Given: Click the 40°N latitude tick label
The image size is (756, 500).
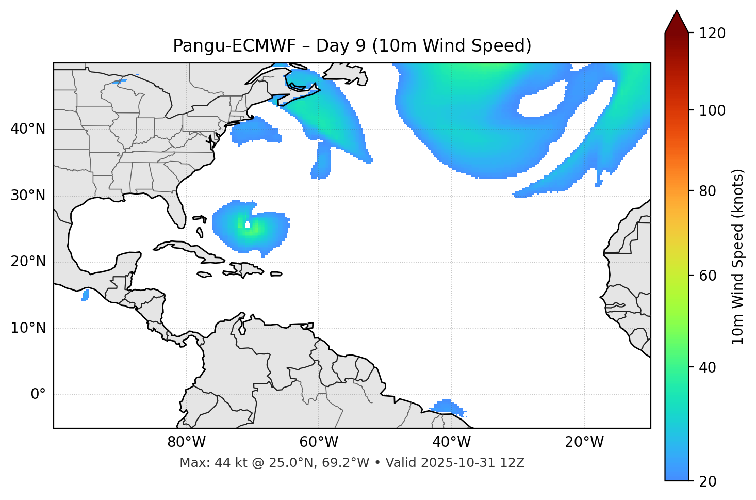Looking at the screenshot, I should point(28,129).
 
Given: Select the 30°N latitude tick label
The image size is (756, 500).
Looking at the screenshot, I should point(28,196).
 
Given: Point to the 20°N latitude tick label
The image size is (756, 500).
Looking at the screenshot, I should point(28,262).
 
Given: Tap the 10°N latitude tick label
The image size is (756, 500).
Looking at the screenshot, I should point(28,328).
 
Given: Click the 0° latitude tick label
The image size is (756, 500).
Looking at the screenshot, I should point(38,395).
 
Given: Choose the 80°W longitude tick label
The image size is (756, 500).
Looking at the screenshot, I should point(186,442).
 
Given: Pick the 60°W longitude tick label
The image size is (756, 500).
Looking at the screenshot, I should point(319,442).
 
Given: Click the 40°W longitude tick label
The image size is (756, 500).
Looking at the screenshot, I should point(451,442).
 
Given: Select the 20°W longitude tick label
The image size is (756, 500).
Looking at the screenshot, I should point(584,442).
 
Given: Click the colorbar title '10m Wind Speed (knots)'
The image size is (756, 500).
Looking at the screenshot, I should point(738,256).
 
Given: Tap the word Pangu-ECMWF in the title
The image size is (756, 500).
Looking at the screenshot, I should point(235,46).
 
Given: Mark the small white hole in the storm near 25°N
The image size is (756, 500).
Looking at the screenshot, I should point(248,225).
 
